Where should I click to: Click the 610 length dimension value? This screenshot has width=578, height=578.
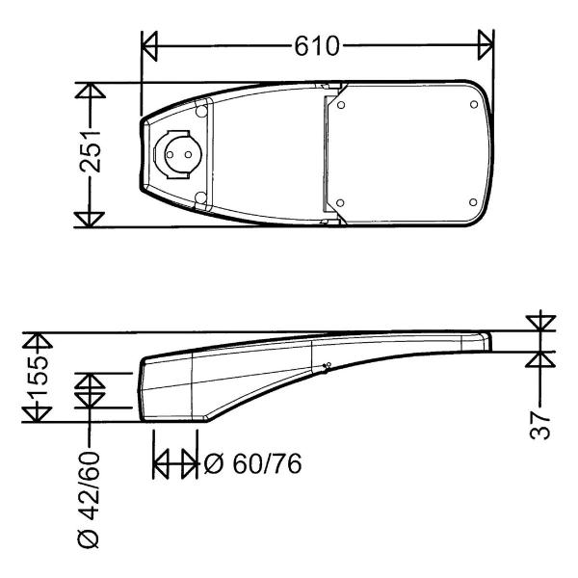click(x=316, y=46)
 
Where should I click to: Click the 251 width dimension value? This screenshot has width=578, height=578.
click(x=90, y=151)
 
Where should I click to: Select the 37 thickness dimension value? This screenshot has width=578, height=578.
click(x=539, y=426)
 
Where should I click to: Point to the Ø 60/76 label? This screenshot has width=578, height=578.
click(x=252, y=463)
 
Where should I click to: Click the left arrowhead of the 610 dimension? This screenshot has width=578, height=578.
click(x=149, y=45)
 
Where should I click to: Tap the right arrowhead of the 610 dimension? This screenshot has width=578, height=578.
click(x=486, y=45)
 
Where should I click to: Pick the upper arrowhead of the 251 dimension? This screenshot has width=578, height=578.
click(x=90, y=92)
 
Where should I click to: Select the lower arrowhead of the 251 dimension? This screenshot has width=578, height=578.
click(x=90, y=220)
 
